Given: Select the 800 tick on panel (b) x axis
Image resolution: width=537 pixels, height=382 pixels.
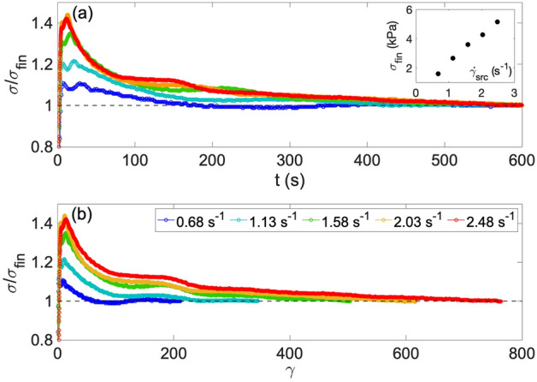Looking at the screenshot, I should click(x=520, y=355).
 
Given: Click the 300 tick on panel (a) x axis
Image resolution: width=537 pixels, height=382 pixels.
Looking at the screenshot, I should click(x=289, y=160).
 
